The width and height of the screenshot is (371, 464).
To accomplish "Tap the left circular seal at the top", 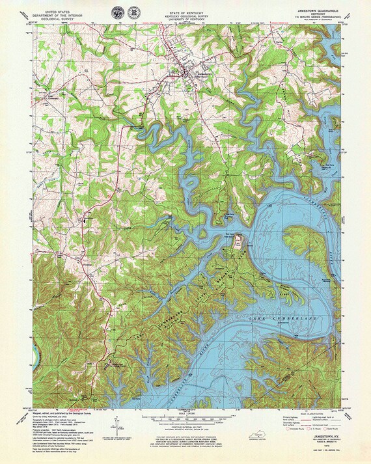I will [118, 12].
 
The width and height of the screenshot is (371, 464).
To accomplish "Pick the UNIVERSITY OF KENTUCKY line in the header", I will [186, 18].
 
